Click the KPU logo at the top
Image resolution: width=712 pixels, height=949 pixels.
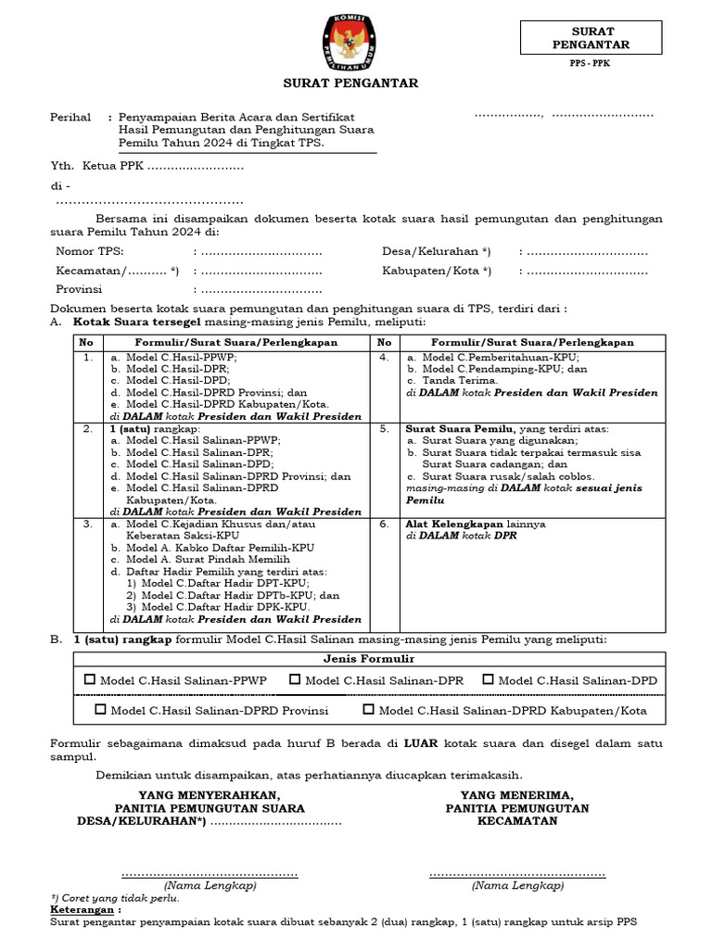pyautogui.click(x=350, y=43)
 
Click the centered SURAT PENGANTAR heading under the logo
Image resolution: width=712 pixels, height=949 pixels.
pyautogui.click(x=350, y=83)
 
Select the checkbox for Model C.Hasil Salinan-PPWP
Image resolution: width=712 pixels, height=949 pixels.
pyautogui.click(x=90, y=679)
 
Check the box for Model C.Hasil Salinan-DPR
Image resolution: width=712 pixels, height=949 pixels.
pyautogui.click(x=295, y=679)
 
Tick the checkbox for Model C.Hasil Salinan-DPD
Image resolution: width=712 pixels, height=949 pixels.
pyautogui.click(x=488, y=679)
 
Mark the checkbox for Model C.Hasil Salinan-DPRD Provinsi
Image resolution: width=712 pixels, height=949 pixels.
pyautogui.click(x=100, y=709)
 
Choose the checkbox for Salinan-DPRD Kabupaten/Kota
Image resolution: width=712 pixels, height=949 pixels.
pyautogui.click(x=369, y=709)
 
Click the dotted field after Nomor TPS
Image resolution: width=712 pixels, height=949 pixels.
pyautogui.click(x=261, y=252)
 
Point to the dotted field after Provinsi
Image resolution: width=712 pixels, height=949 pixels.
pyautogui.click(x=261, y=289)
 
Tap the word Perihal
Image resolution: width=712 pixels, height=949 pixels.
pyautogui.click(x=70, y=118)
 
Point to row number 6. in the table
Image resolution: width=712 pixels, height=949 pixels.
pyautogui.click(x=384, y=524)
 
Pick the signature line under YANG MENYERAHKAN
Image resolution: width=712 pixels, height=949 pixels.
pyautogui.click(x=210, y=874)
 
